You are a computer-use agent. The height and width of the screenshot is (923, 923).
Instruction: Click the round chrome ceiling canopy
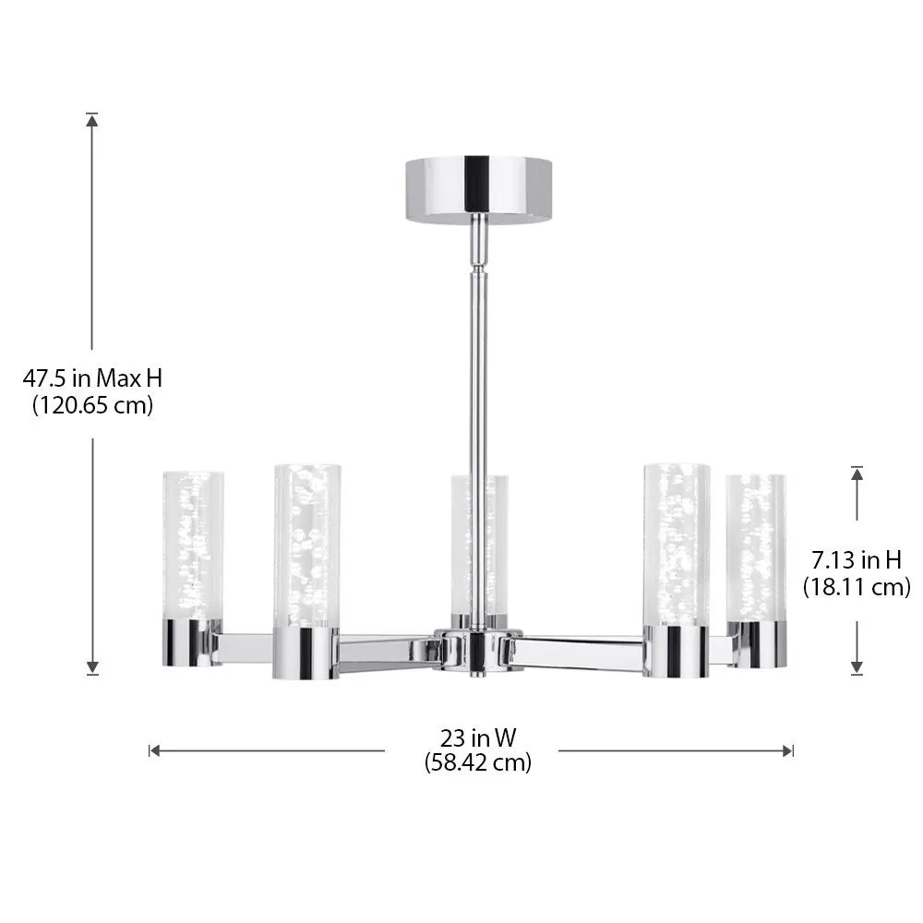coord(477,189)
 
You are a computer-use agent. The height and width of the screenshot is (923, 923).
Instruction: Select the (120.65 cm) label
coord(92,404)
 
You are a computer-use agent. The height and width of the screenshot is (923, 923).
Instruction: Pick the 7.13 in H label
coord(856,558)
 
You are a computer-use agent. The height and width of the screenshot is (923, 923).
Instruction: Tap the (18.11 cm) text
coord(856,585)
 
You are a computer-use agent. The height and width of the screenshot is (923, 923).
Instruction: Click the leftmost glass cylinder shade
coord(193,545)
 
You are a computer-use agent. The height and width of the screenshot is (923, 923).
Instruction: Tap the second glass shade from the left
coord(306,545)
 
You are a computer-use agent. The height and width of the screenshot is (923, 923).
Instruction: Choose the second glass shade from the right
coord(677,545)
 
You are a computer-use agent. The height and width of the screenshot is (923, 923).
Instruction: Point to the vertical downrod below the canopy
coord(476,369)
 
